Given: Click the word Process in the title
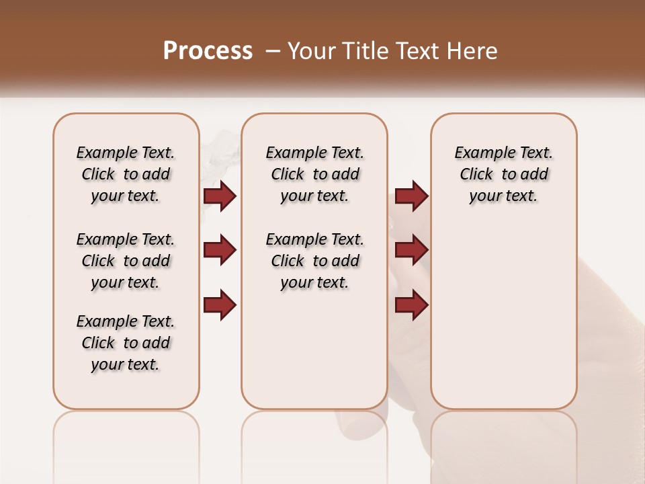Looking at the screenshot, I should point(208,50).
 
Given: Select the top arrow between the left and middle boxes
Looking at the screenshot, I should point(220,196).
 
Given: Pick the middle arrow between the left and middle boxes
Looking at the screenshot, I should point(220,250).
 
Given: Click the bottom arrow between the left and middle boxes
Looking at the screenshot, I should point(220,305).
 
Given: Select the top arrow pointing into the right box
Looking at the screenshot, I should point(411,196).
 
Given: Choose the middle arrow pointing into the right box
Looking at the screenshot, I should point(411,250).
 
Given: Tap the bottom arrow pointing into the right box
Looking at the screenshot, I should point(411,305).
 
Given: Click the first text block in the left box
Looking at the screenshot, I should point(126,174).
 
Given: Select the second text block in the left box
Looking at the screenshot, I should point(126,261).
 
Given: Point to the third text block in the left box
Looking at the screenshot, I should point(126,343).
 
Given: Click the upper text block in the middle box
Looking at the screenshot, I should point(314,174).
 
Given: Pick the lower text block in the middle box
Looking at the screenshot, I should point(314,261).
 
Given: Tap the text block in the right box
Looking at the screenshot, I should point(503,174).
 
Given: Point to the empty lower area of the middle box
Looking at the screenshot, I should point(314,350).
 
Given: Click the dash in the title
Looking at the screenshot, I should point(273,51).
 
